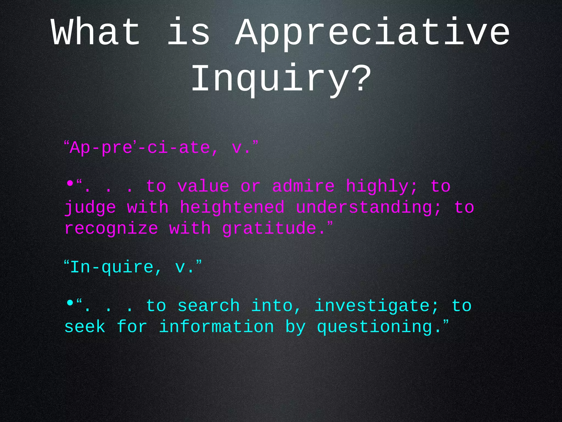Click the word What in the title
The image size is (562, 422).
click(96, 32)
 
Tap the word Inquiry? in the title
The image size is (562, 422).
click(281, 79)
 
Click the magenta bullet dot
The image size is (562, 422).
click(70, 183)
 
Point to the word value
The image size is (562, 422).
click(203, 186)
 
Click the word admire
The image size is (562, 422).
click(303, 186)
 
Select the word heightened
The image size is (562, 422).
click(232, 207)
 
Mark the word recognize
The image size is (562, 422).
click(111, 229)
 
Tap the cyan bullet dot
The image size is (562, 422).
click(70, 303)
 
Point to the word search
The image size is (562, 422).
click(209, 306)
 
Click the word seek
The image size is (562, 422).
click(85, 327)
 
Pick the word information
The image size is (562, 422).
click(217, 327)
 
